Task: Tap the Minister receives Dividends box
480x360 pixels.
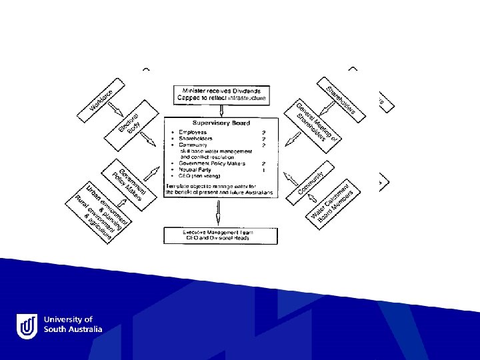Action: (x=221, y=94)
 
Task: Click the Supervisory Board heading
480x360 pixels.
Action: (x=221, y=123)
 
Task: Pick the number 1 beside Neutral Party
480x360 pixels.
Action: (x=265, y=170)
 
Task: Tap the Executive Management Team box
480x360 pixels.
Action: (x=221, y=235)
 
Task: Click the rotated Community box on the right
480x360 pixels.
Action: (x=310, y=182)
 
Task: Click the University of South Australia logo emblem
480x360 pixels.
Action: (x=27, y=325)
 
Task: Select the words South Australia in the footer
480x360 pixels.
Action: (x=73, y=329)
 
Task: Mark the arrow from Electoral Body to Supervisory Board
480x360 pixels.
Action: (x=151, y=141)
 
